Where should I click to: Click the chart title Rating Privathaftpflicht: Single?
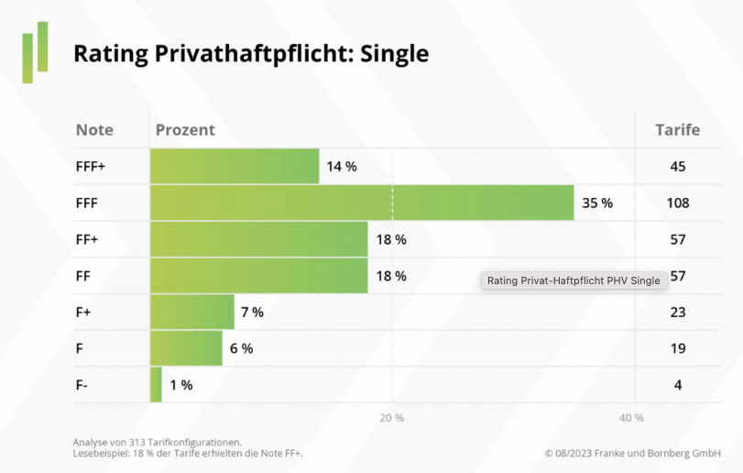tap(250, 54)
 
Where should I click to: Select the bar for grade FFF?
tap(362, 203)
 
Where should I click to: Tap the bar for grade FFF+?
tap(235, 167)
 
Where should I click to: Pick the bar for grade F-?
tap(156, 385)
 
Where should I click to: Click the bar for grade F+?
tap(192, 313)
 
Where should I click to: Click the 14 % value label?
tap(341, 167)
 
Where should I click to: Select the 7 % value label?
tap(252, 313)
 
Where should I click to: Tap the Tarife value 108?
tap(677, 203)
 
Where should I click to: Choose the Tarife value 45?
tap(677, 167)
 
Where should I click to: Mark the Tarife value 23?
tap(677, 313)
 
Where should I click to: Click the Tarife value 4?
tap(677, 385)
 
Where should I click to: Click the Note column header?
tap(94, 130)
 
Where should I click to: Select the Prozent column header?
tap(185, 130)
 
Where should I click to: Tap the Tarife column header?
tap(677, 130)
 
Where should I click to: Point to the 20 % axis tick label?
tap(392, 418)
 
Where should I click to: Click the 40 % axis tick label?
tap(631, 418)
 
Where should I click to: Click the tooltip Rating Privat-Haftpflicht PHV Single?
tap(574, 280)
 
